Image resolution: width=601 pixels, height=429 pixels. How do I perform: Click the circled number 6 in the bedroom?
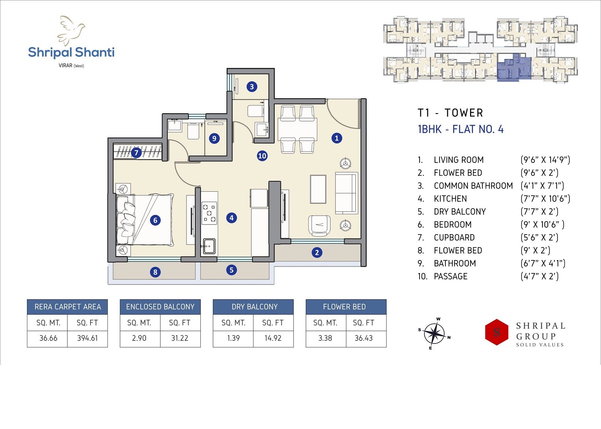[155, 220]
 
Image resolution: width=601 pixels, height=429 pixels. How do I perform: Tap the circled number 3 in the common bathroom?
[252, 87]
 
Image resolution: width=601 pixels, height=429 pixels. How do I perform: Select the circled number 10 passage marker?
[262, 156]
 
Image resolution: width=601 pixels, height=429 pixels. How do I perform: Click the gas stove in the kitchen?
[209, 213]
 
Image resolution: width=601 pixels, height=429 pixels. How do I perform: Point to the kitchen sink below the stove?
[209, 246]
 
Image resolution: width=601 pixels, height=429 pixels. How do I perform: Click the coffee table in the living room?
[318, 189]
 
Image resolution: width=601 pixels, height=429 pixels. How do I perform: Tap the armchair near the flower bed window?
[319, 225]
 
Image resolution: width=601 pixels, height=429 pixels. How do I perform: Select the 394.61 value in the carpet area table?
[87, 338]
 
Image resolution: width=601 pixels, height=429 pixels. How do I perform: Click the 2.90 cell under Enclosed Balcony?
[139, 338]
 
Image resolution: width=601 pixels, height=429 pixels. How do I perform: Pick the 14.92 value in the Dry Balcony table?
[273, 338]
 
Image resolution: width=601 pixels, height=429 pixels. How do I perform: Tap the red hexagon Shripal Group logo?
[497, 332]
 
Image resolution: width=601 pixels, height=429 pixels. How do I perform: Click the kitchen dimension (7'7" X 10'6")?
[545, 199]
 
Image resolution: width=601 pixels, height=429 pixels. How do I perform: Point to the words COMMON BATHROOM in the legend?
[473, 186]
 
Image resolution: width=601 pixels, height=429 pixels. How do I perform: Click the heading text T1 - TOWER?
[450, 113]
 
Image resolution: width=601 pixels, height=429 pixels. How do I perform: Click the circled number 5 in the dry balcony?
[232, 270]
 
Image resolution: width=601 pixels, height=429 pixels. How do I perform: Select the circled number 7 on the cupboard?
[136, 153]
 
